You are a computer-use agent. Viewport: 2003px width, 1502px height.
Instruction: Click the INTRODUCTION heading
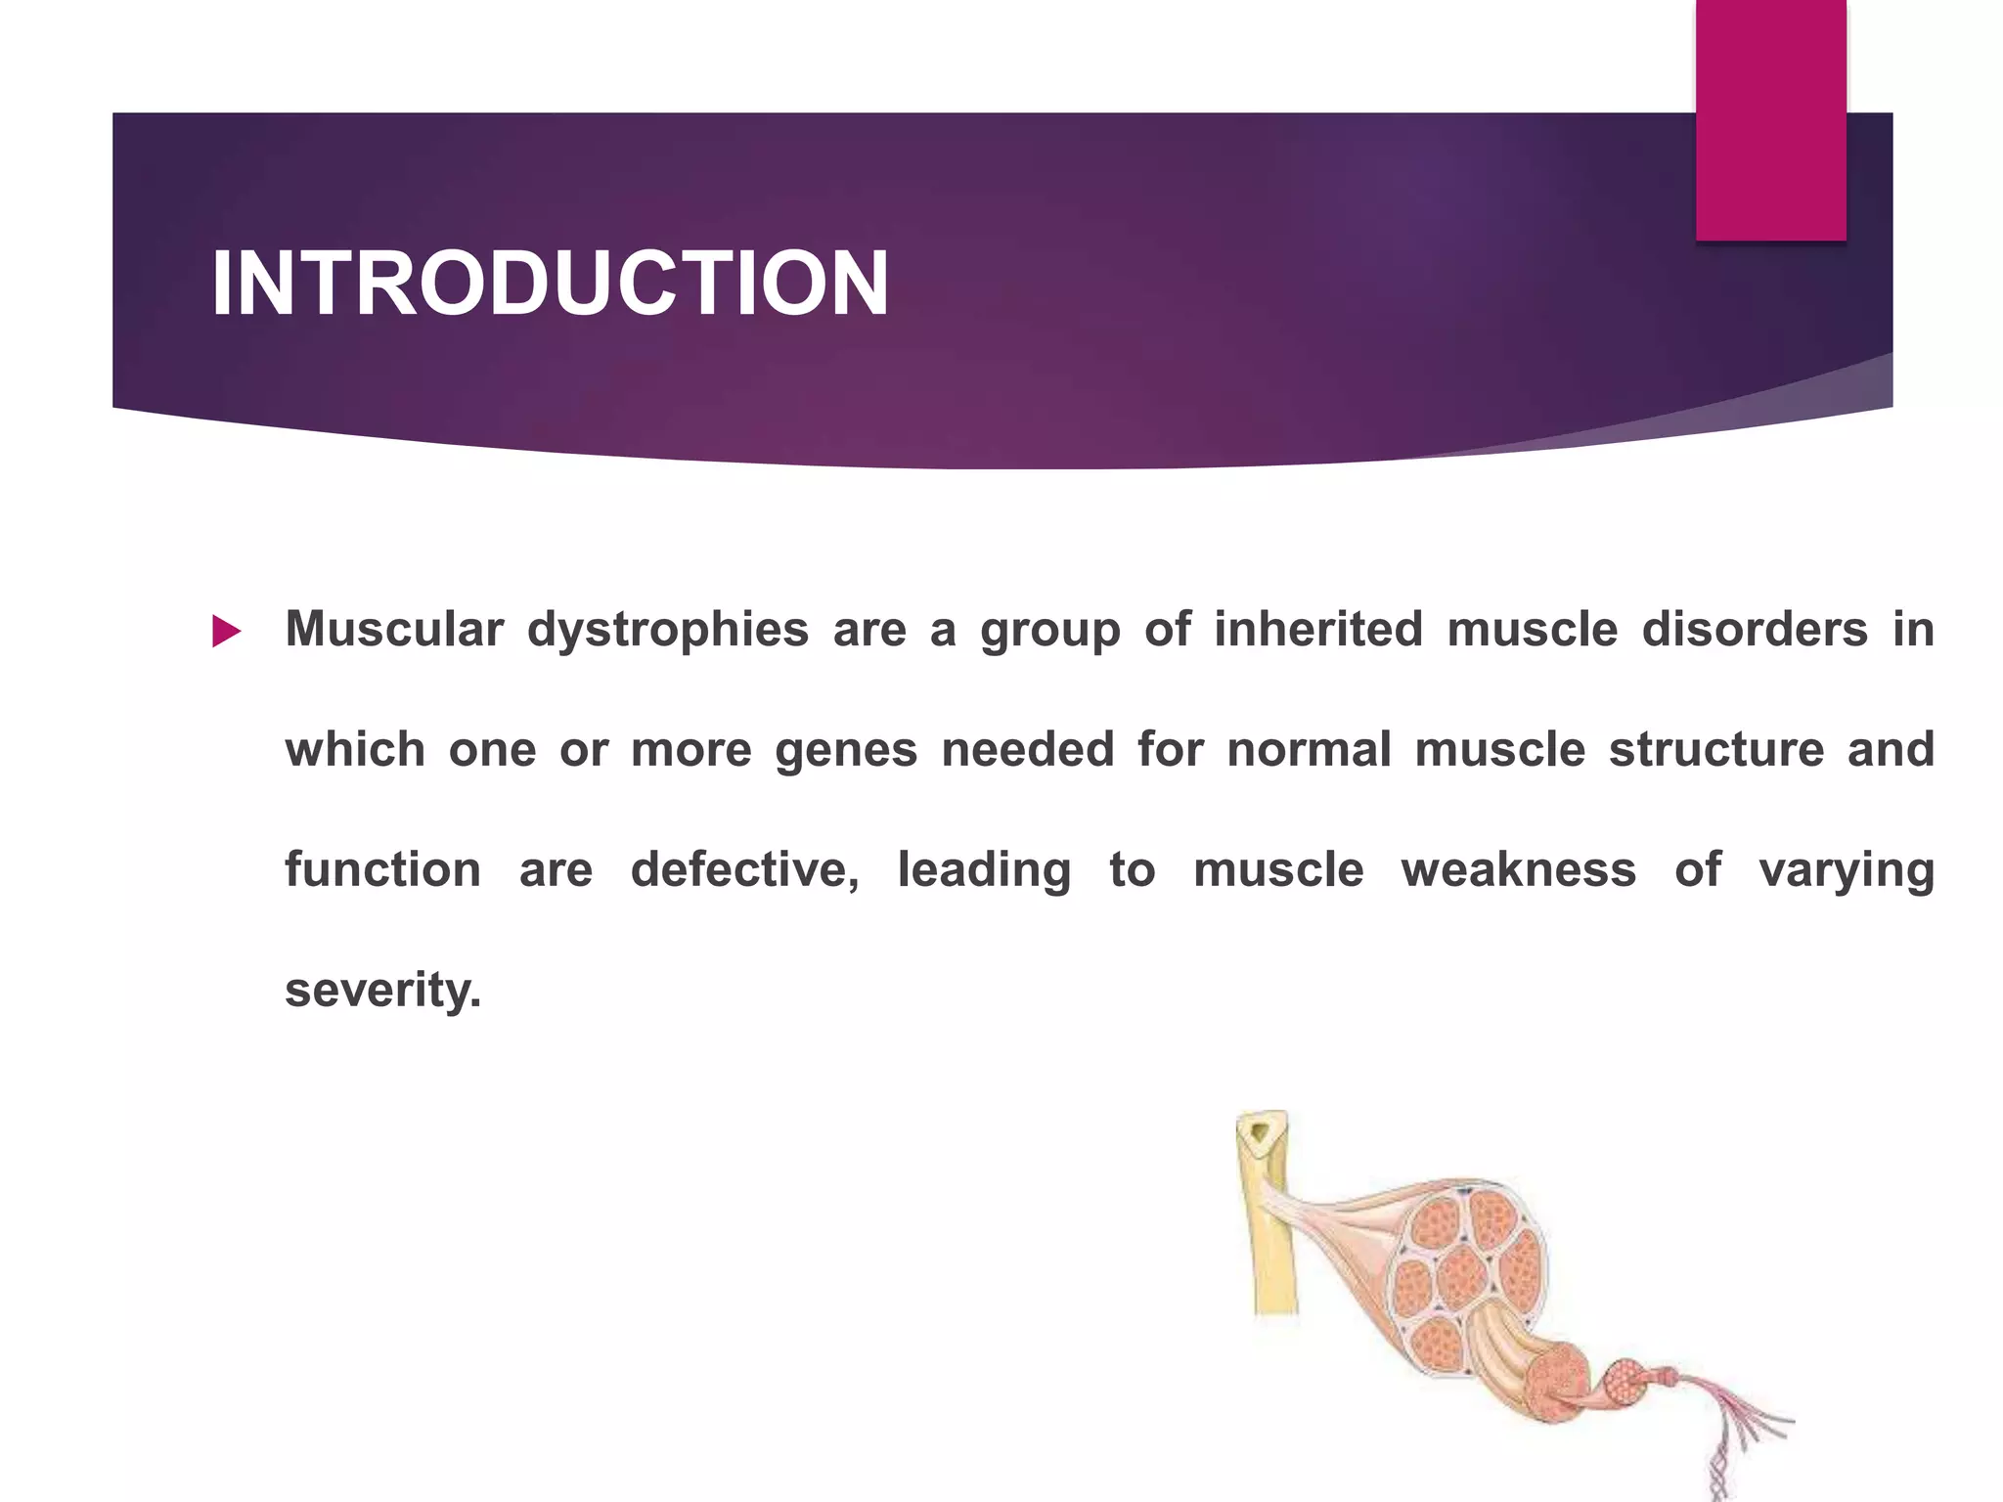tap(550, 284)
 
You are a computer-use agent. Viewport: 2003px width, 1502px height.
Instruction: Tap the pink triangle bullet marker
tap(226, 632)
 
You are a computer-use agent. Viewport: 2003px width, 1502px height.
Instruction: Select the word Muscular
tap(394, 629)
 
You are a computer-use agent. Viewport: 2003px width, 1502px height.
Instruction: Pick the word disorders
tap(1755, 629)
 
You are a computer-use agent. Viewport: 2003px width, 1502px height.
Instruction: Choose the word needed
tap(1027, 749)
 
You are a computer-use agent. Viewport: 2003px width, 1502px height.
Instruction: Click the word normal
tap(1309, 749)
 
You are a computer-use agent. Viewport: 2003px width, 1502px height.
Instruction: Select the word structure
tap(1716, 749)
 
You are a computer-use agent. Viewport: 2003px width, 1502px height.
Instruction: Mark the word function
tap(382, 869)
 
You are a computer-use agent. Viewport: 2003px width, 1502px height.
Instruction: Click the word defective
tap(744, 869)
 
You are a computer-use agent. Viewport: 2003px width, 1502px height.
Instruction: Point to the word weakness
tap(1518, 869)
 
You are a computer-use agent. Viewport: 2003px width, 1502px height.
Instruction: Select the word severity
tap(382, 991)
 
